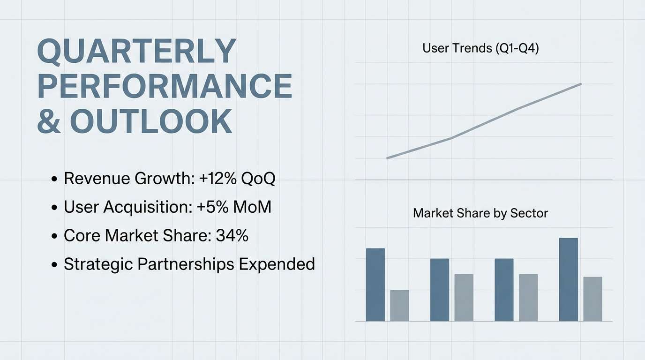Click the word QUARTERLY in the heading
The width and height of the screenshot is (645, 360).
tap(136, 51)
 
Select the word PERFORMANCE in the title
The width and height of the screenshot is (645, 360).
tap(165, 86)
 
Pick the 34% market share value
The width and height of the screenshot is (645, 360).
tap(232, 235)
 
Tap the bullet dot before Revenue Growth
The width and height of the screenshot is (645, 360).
tap(54, 179)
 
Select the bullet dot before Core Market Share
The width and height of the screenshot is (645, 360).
tap(54, 236)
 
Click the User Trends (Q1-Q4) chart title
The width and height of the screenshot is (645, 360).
tap(480, 48)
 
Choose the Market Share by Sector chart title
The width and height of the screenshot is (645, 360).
tap(480, 213)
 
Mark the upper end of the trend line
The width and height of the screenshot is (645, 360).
tap(581, 84)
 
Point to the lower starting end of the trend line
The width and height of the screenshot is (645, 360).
tap(387, 158)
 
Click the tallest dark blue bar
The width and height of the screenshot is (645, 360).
tap(569, 279)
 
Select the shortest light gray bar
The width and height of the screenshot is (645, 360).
tap(399, 305)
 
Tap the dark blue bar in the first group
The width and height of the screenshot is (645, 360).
tap(375, 285)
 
